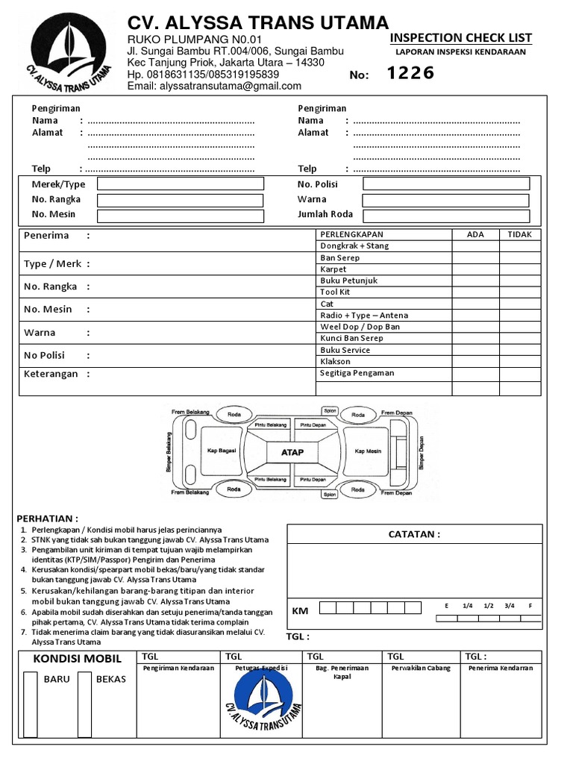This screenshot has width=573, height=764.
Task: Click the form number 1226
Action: pos(410,73)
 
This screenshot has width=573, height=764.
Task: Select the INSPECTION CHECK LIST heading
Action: pos(461,38)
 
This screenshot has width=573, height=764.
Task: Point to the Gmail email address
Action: pos(215,86)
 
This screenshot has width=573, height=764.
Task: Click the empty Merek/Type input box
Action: pos(180,184)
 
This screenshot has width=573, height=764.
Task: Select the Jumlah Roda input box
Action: pos(445,216)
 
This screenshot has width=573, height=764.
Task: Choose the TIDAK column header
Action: pos(519,234)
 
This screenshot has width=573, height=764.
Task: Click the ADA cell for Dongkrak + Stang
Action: pos(475,245)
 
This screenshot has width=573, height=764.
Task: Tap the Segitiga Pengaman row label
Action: pos(357,373)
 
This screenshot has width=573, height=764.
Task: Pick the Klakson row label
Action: pos(335,361)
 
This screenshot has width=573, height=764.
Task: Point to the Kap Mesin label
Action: pos(368,451)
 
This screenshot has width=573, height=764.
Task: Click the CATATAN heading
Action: pos(414,534)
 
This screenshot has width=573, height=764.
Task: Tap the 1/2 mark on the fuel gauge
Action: pos(489,606)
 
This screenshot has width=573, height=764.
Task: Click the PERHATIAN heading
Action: pos(47,519)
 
